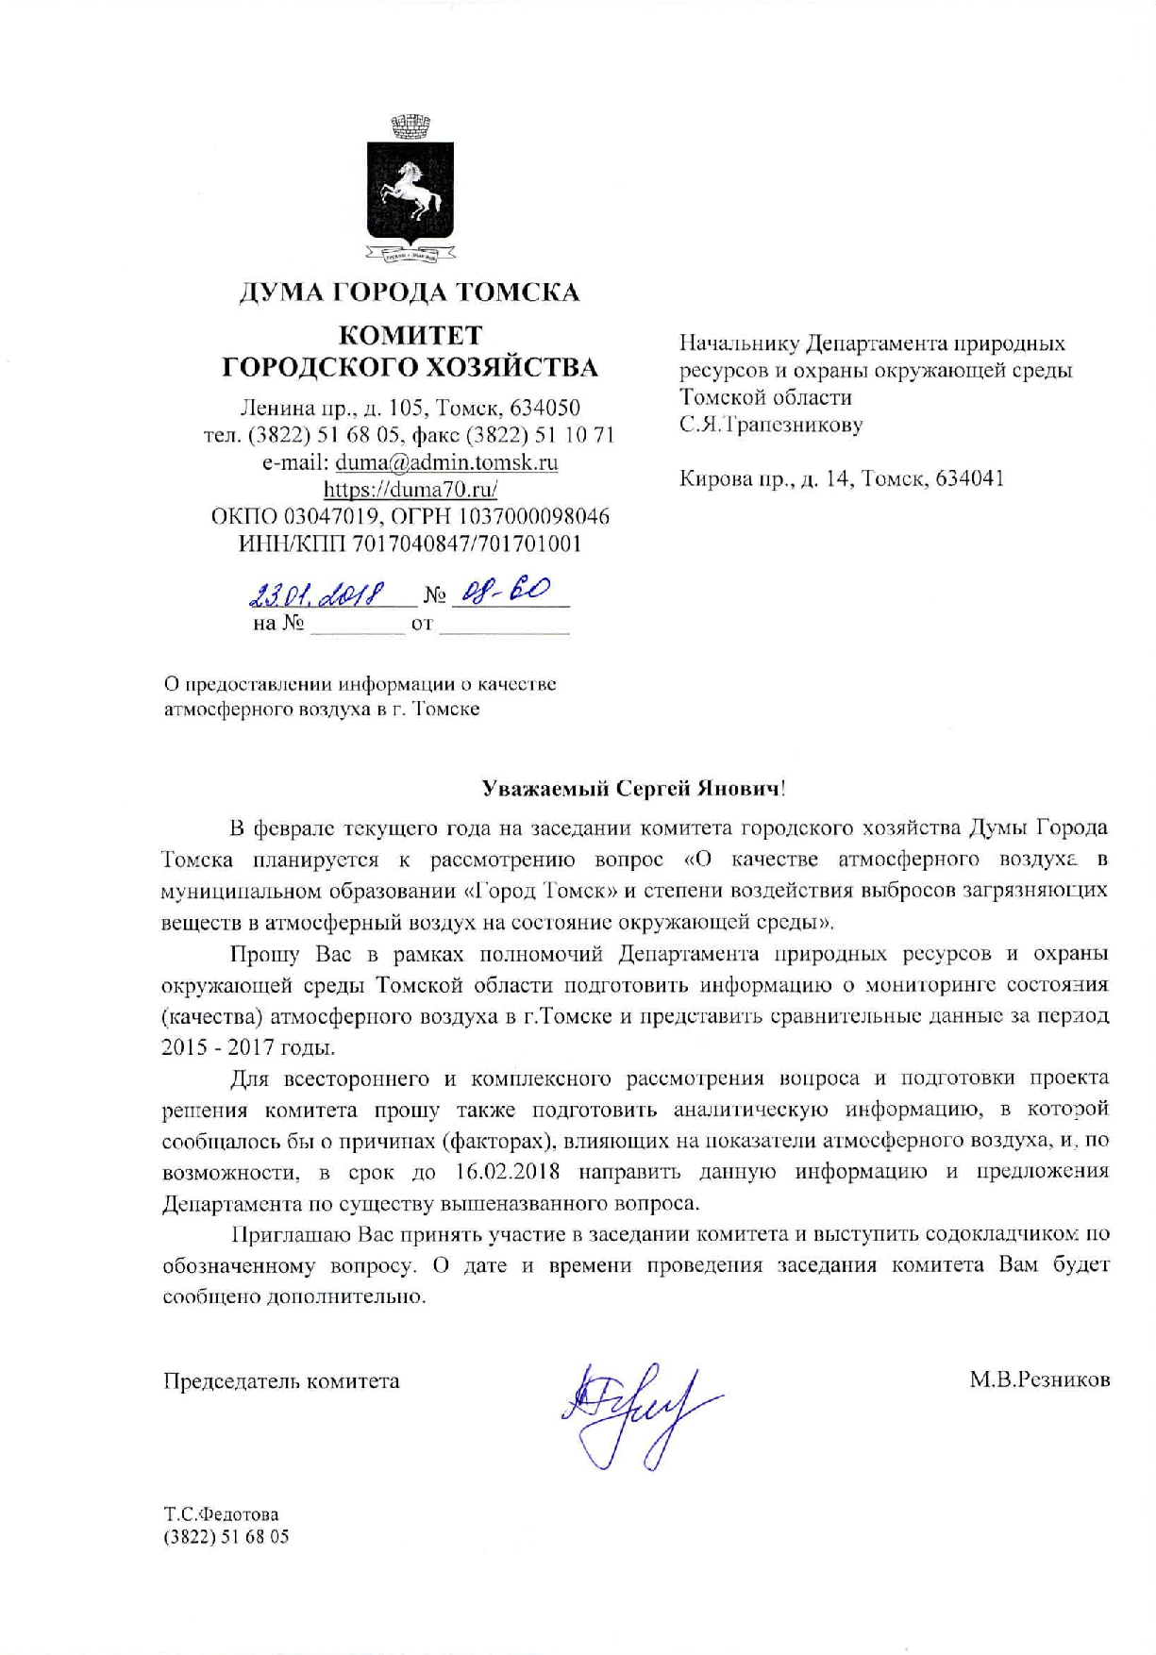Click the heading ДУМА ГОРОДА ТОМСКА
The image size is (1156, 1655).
[x=409, y=292]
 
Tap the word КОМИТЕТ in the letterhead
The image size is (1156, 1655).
[x=410, y=335]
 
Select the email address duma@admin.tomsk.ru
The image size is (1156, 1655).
[x=446, y=462]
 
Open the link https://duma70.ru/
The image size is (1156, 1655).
[x=410, y=489]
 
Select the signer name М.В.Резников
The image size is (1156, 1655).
[x=1040, y=1380]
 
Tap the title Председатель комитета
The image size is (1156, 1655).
[x=281, y=1380]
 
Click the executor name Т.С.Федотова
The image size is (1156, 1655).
[x=222, y=1514]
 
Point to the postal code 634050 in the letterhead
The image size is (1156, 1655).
[x=544, y=409]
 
